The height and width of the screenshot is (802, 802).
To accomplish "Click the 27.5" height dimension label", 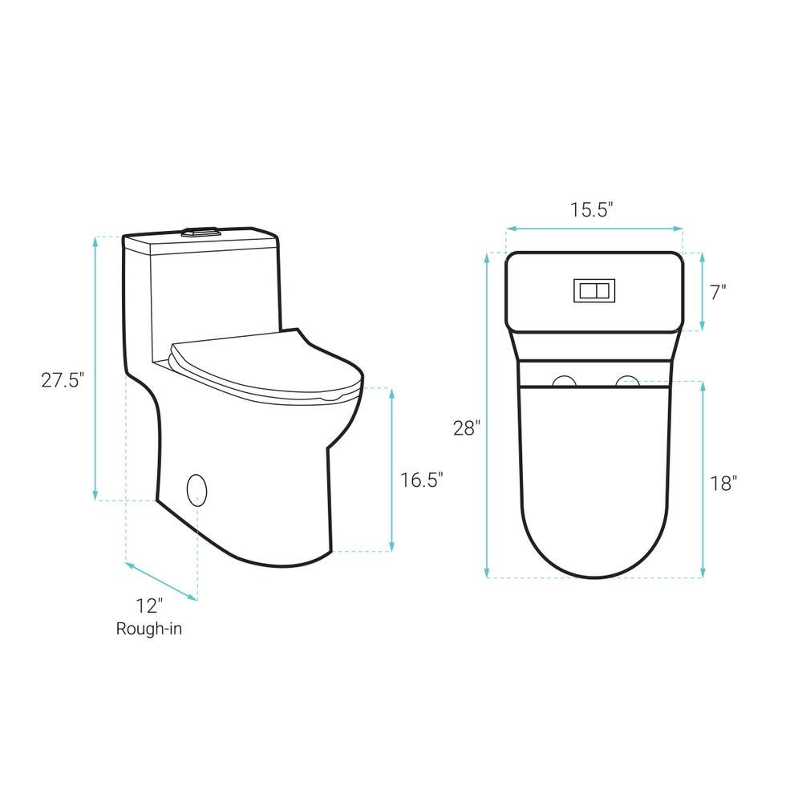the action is (x=62, y=380).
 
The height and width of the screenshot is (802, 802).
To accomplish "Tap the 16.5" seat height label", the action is (x=422, y=480).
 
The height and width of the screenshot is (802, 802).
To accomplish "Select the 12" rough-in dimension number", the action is (x=149, y=606).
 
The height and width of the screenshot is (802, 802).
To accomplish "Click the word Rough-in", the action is (x=149, y=629).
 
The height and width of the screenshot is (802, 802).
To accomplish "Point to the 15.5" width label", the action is (x=592, y=209).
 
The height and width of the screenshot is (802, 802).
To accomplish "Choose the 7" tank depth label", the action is (x=718, y=293).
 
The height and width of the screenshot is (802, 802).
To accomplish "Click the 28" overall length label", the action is (x=467, y=427).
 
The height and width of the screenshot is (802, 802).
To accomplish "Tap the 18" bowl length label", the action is (x=723, y=483).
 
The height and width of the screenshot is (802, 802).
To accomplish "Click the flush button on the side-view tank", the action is (x=200, y=231).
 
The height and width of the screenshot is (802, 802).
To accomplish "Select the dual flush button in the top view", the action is (x=593, y=290).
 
